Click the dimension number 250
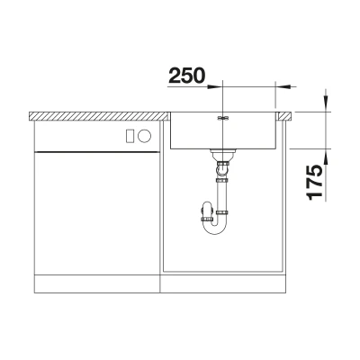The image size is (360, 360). coord(187,76)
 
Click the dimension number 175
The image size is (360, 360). coord(314,183)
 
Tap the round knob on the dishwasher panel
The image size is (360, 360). coord(144,136)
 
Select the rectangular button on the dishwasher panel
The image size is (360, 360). coord(130,136)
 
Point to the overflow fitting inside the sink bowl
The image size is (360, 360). coord(222,118)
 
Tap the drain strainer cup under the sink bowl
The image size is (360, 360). coord(222,154)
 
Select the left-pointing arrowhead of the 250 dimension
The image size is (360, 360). coord(283,86)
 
